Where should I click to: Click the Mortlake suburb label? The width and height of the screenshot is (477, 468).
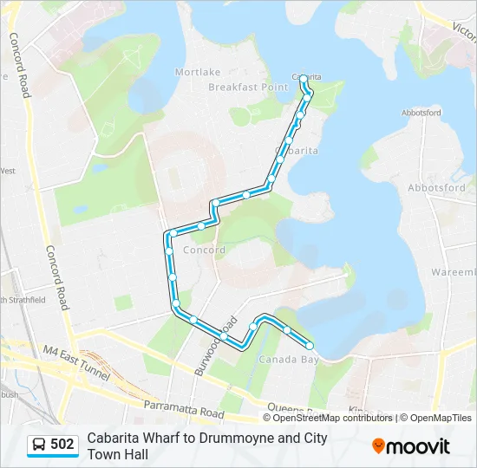pos(199,72)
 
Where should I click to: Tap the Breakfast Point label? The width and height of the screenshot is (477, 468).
pos(248,88)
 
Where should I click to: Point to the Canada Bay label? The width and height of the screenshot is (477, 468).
pos(284,359)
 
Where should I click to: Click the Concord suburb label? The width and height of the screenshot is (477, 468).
pos(205,250)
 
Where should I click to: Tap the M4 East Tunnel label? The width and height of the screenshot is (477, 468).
pos(76,363)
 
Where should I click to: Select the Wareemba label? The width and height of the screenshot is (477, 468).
pos(453,272)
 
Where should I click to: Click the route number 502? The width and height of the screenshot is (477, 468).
pos(62,445)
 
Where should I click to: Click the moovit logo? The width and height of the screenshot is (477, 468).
pos(411,445)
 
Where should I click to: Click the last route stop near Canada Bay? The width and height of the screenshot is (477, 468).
pos(310,347)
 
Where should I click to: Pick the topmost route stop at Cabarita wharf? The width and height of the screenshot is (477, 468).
pos(304,79)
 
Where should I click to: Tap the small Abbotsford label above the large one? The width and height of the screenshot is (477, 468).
pos(421,113)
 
